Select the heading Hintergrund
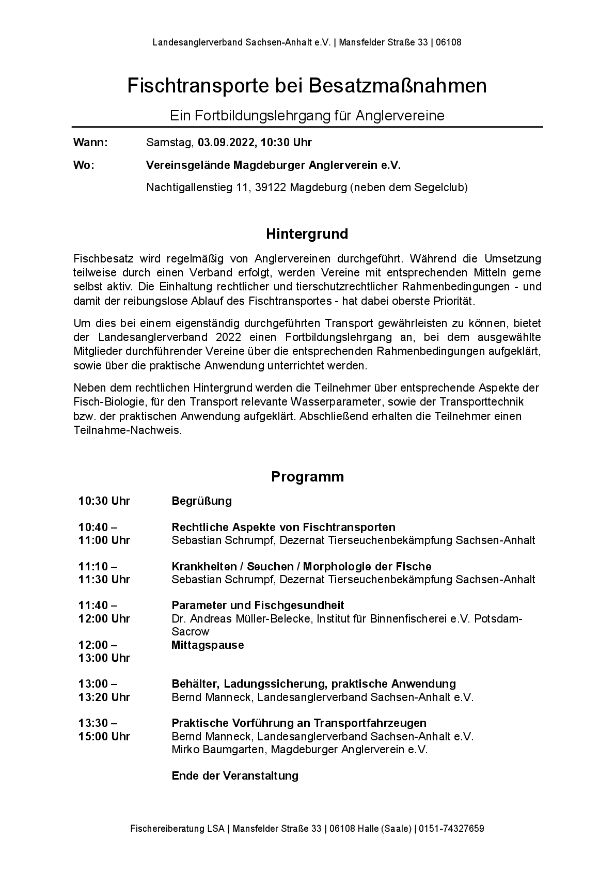[307, 234]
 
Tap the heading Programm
[307, 476]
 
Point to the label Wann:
[91, 143]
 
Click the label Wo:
[84, 165]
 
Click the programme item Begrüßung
[201, 501]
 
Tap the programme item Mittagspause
[208, 645]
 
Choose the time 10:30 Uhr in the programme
[104, 501]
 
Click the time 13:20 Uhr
[104, 697]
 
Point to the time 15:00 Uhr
[104, 737]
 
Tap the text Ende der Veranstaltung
[235, 776]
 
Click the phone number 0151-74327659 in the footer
[451, 829]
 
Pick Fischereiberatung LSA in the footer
[178, 829]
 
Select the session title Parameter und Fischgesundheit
[258, 605]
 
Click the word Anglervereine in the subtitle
[400, 116]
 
